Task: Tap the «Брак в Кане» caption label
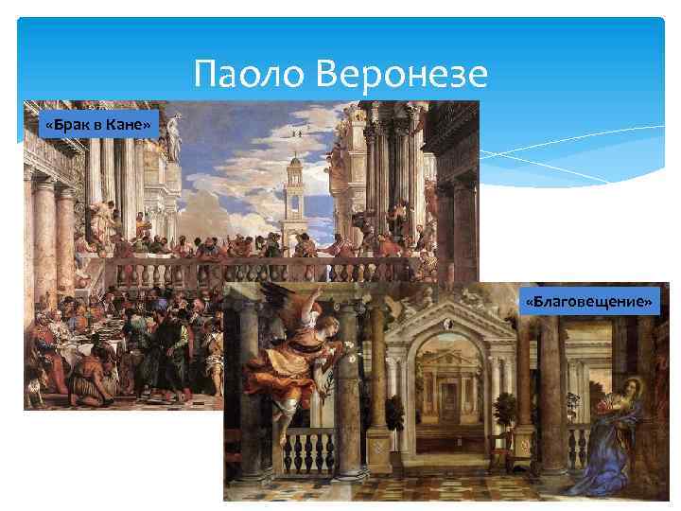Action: (x=98, y=124)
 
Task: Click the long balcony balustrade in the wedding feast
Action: (x=284, y=271)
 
